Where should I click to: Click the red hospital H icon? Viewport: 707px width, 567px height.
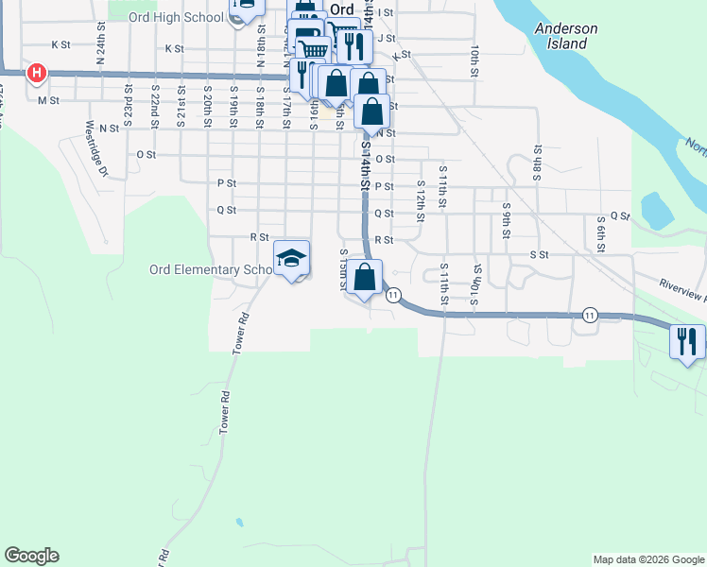37,72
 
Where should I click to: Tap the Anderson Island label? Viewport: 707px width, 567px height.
565,35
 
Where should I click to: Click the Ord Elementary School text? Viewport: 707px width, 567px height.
210,269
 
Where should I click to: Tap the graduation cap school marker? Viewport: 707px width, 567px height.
292,258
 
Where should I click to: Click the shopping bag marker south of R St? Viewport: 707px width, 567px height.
364,279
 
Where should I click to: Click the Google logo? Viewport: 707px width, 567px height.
31,556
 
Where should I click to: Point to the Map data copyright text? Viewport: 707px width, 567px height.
648,559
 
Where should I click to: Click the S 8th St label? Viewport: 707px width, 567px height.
537,162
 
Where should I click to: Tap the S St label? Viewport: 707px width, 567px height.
539,255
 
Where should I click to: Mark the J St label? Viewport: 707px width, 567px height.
386,38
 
